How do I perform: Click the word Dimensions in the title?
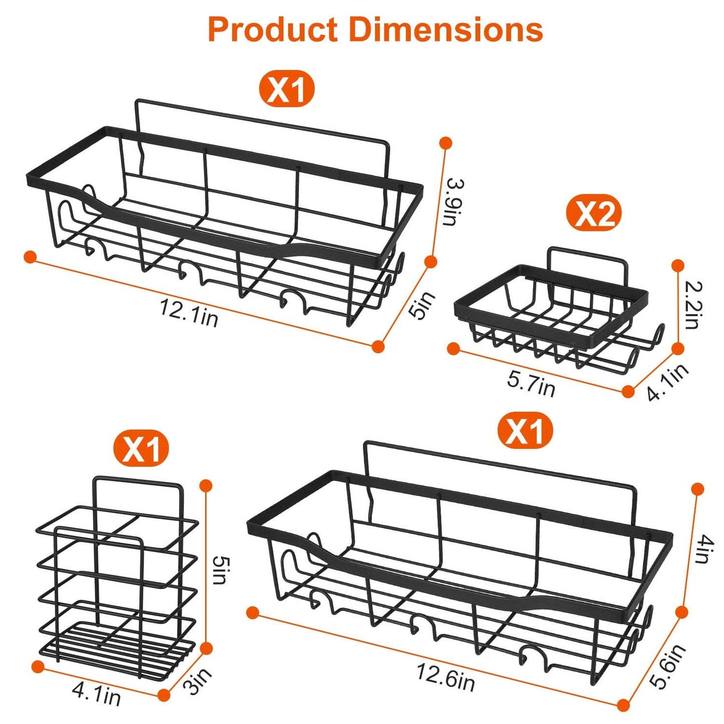tap(446, 30)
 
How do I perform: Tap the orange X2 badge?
tap(594, 214)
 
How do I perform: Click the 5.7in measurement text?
tap(531, 384)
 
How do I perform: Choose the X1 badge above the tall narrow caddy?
tap(141, 448)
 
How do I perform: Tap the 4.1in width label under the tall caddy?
tap(96, 694)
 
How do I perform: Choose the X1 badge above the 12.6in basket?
tap(525, 430)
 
